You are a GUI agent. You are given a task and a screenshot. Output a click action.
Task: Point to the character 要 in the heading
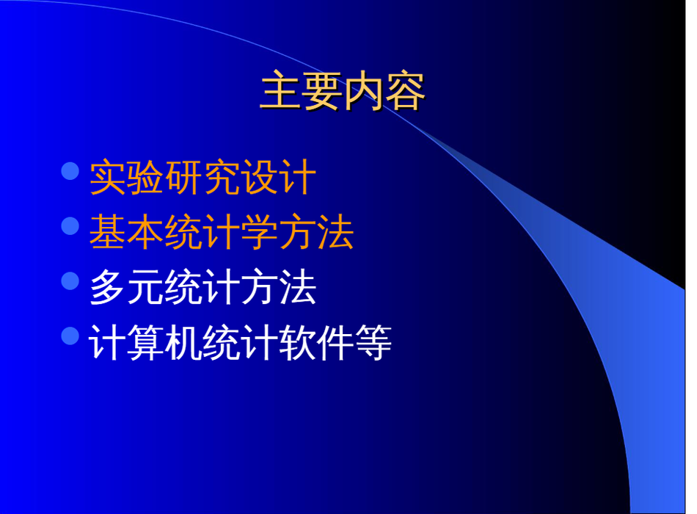point(323,91)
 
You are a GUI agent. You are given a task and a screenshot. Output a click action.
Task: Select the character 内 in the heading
point(364,91)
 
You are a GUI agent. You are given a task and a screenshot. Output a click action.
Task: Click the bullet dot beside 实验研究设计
point(70,171)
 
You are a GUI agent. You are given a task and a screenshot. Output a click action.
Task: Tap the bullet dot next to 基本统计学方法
point(70,225)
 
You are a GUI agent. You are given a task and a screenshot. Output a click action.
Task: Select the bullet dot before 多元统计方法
point(70,280)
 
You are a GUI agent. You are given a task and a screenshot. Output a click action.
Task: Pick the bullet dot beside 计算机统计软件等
point(70,336)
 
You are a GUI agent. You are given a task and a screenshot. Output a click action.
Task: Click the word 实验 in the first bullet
point(127,177)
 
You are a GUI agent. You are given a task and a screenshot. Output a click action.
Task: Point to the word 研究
point(202,177)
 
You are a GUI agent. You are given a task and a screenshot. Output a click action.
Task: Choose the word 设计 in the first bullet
point(279,177)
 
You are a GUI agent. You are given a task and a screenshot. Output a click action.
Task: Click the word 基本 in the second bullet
point(127,232)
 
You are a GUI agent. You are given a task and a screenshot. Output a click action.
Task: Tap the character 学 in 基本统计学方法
point(260,232)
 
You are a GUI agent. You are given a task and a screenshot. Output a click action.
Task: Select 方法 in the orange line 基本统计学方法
point(316,232)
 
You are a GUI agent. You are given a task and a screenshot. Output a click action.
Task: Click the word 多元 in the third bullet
point(127,287)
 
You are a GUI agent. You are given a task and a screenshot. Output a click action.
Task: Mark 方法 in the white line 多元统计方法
point(279,287)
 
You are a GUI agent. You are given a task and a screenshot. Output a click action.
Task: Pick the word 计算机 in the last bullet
point(145,342)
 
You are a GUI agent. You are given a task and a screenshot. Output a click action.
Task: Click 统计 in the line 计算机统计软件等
point(241,342)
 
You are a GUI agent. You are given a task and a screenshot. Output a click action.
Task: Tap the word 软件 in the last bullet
point(316,342)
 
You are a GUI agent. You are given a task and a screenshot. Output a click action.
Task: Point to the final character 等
point(373,342)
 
